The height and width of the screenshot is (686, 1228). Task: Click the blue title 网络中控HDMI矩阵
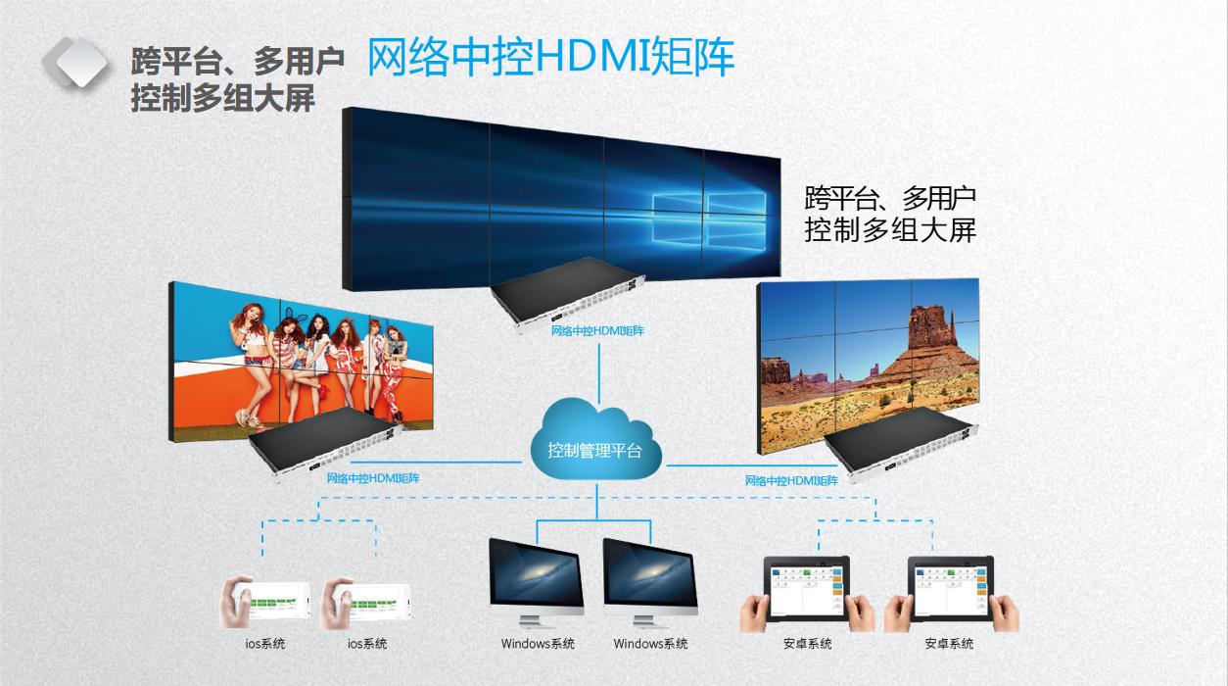(x=550, y=58)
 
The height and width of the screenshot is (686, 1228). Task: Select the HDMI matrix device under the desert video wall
(x=901, y=447)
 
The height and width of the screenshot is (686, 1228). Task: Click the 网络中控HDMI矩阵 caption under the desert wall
(x=791, y=480)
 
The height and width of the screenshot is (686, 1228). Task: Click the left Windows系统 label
(x=538, y=644)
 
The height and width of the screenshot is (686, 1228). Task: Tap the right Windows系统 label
(x=650, y=644)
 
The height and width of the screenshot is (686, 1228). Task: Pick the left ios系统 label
(x=265, y=644)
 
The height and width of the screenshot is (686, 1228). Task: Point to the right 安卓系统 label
(x=949, y=644)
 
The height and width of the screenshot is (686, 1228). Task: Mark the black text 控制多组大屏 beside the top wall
(x=889, y=230)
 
